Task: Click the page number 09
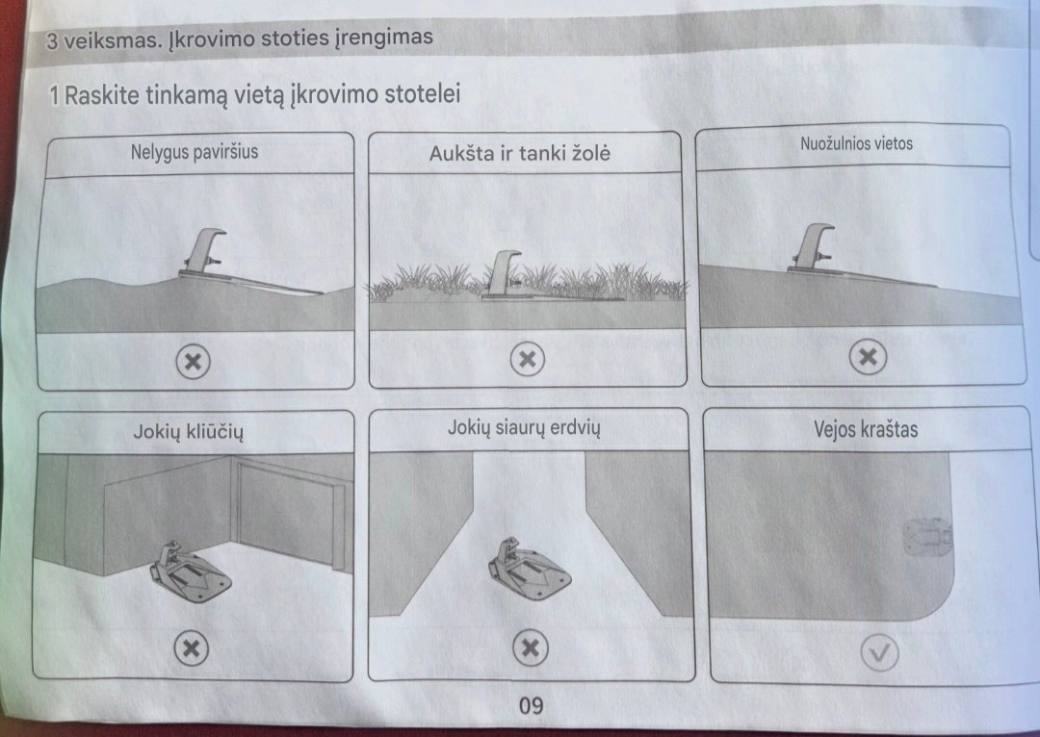[532, 705]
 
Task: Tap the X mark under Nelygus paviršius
[193, 361]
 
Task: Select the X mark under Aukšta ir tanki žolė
[528, 359]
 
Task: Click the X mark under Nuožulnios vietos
[868, 357]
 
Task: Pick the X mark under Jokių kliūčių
[191, 648]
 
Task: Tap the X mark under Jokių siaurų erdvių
[531, 647]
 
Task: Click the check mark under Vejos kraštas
[879, 653]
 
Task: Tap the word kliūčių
[215, 432]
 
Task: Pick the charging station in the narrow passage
[529, 568]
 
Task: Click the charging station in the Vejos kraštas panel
[928, 537]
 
